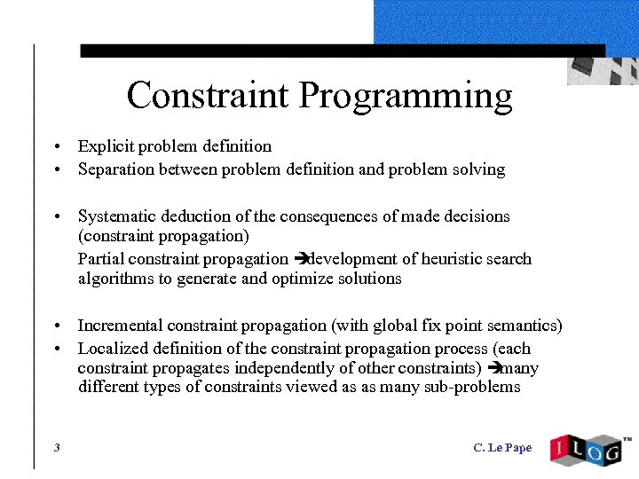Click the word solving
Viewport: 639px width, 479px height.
479,169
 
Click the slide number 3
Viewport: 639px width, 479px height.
57,448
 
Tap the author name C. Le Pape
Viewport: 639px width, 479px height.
502,448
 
